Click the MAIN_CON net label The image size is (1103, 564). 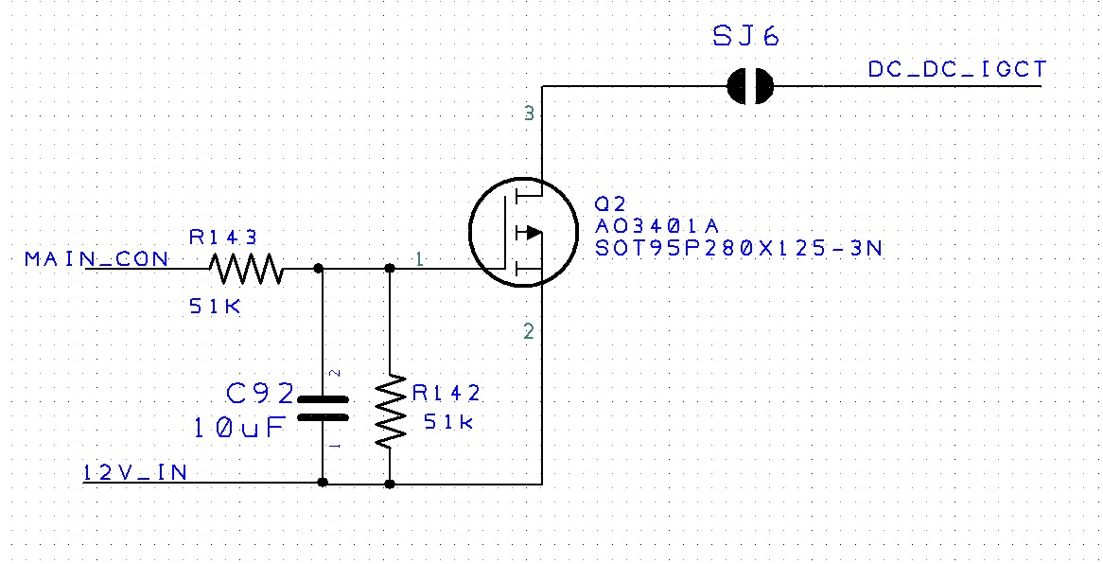point(97,258)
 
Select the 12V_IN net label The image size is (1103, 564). point(134,472)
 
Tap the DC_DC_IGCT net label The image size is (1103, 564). point(956,70)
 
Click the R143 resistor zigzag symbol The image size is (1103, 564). point(246,269)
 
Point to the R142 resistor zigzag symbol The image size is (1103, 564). point(390,412)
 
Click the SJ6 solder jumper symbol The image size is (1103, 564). point(750,87)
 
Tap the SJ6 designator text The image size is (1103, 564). point(746,38)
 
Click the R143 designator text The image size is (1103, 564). point(223,238)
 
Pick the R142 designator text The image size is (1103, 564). point(446,393)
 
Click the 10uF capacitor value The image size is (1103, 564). point(238,427)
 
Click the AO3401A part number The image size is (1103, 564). point(657,226)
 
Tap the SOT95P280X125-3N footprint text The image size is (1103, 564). point(739,248)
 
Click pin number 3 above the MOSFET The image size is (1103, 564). point(529,115)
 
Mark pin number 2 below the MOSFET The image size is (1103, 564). point(528,331)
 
